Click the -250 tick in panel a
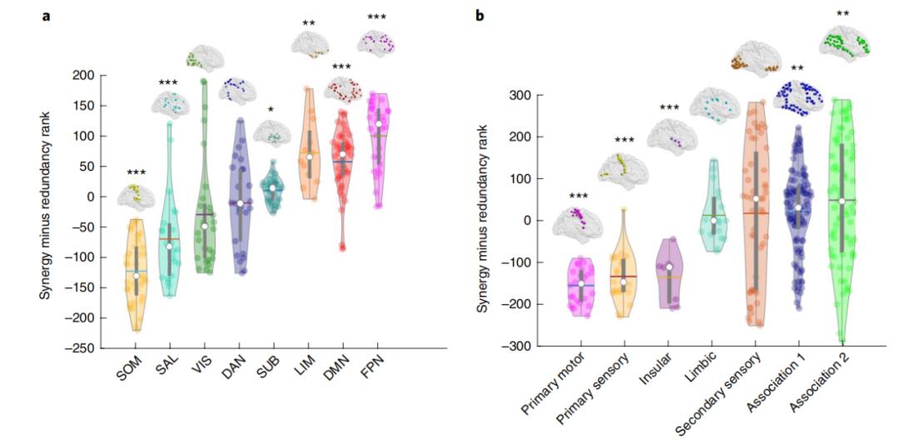click(83, 348)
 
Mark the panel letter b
click(479, 16)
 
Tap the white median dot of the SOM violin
click(136, 276)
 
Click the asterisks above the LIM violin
click(309, 23)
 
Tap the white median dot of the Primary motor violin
click(581, 283)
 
